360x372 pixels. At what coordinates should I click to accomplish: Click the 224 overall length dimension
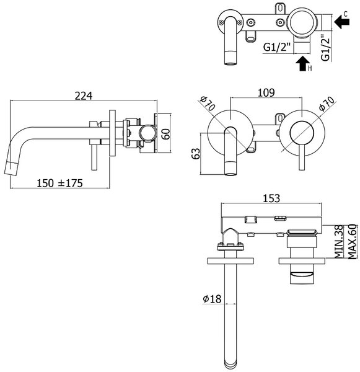[x=84, y=96]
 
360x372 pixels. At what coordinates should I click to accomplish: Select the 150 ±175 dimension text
[x=59, y=183]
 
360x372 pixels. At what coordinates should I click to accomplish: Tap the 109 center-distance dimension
[x=266, y=92]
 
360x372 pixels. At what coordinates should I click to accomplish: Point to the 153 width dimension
[x=271, y=198]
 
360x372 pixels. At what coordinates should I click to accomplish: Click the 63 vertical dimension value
[x=196, y=154]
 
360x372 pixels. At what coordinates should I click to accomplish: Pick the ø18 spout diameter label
[x=212, y=299]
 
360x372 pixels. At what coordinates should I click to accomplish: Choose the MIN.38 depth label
[x=338, y=241]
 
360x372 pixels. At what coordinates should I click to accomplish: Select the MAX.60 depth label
[x=352, y=241]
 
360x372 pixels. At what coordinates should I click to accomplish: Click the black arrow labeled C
[x=342, y=22]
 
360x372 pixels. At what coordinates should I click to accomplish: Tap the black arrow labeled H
[x=302, y=64]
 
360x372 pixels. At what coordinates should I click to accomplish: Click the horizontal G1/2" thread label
[x=277, y=47]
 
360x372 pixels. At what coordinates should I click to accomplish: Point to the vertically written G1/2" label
[x=326, y=48]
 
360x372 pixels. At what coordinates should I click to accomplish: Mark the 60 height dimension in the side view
[x=166, y=134]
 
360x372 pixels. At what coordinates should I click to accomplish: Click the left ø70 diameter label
[x=207, y=103]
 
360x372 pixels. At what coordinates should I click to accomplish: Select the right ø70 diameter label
[x=327, y=103]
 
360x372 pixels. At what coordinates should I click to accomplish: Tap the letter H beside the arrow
[x=310, y=69]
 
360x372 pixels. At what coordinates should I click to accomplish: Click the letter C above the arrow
[x=346, y=14]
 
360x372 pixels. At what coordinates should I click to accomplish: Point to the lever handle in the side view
[x=94, y=157]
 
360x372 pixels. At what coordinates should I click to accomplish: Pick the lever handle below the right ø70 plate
[x=302, y=157]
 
